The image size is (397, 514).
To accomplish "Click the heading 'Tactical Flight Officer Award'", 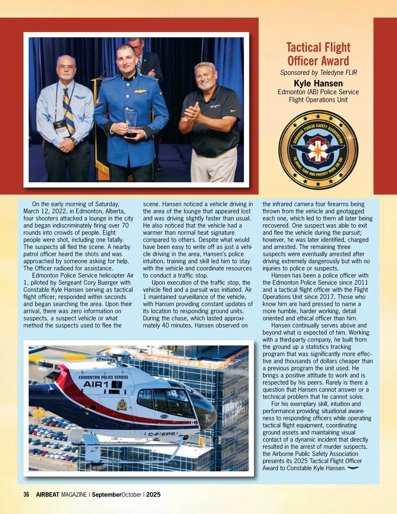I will point(318,54).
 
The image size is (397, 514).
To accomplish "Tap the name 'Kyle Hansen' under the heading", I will point(318,83).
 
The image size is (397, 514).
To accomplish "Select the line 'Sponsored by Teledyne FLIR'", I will point(318,72).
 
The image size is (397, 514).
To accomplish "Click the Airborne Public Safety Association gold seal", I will point(318,150).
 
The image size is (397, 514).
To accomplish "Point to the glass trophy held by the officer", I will point(131,121).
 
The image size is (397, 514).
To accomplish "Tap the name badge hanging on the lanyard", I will point(61,128).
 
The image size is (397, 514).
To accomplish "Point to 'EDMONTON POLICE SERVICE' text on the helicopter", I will point(103,377).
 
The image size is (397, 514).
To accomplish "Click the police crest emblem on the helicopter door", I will point(122,404).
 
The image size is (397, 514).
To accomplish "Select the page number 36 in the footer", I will point(26,494).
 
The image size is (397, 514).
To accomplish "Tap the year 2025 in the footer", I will point(153,494).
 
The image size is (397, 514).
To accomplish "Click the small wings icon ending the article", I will point(353,468).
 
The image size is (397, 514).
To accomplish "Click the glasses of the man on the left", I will point(66,67).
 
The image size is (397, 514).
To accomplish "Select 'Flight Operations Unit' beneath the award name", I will point(318,100).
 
